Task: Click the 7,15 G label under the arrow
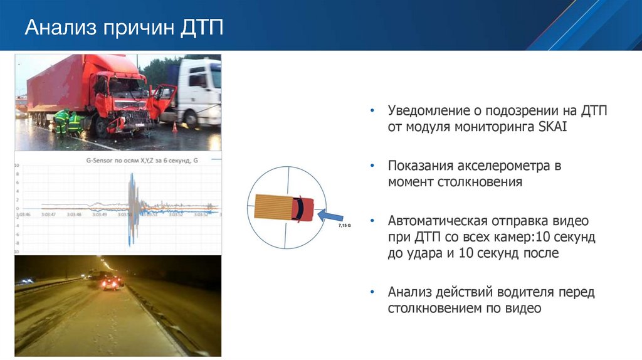point(344,224)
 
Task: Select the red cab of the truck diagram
point(303,208)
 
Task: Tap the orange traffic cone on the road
point(174,127)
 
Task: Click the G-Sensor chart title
point(142,161)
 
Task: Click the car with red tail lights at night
point(111,283)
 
